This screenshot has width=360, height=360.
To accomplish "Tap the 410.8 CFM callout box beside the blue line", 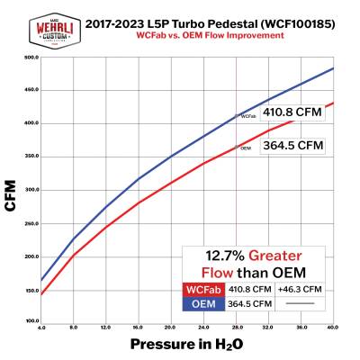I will (292, 112).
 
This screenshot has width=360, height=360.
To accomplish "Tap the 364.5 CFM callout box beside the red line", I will (292, 145).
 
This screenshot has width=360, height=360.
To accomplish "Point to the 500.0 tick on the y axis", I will (30, 57).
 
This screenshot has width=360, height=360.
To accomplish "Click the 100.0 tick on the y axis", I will (30, 320).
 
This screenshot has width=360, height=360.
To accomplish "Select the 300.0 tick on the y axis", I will (30, 189).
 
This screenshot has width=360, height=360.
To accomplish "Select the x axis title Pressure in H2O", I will (188, 344).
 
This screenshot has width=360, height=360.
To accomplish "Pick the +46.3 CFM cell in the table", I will (301, 289).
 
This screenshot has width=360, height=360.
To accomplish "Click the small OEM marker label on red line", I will (245, 148).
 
